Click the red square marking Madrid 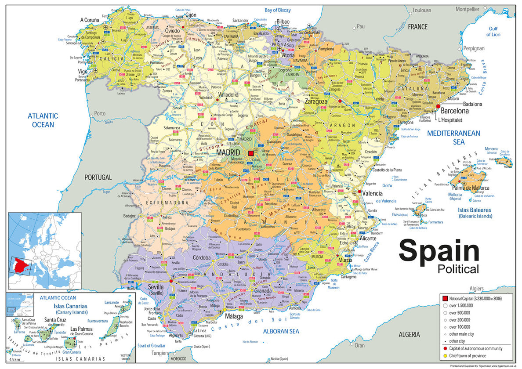(x=251, y=153)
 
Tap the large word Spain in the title (x=439, y=251)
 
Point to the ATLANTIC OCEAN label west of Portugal (x=43, y=120)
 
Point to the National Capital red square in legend (x=445, y=298)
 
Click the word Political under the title (x=458, y=269)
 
